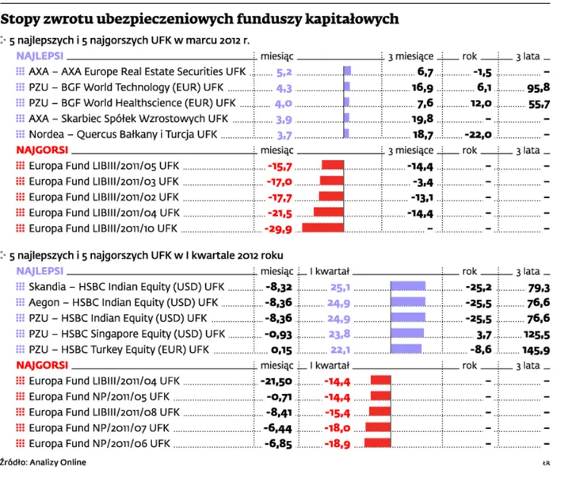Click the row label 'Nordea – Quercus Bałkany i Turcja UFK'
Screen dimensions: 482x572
click(x=122, y=135)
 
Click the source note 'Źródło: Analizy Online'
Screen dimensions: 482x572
click(x=44, y=462)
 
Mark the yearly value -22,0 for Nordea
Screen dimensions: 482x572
click(x=479, y=135)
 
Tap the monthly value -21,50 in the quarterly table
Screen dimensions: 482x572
click(x=276, y=381)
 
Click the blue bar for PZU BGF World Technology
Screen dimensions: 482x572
click(x=347, y=87)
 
